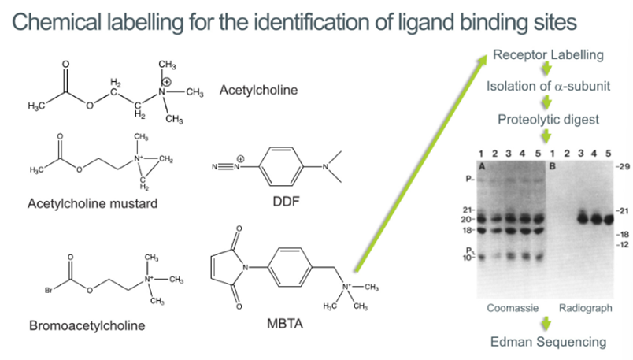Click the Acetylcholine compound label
coord(258,91)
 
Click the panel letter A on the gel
coord(479,166)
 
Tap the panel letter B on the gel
coord(551,166)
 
